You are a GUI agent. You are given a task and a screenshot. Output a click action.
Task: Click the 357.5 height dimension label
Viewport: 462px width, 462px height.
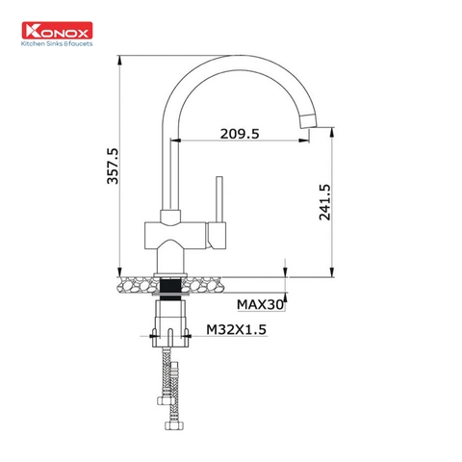click(113, 165)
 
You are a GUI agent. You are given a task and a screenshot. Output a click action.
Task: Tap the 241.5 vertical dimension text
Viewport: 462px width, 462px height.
click(324, 201)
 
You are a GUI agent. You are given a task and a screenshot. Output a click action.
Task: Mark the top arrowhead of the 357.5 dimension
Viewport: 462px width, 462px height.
click(119, 59)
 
